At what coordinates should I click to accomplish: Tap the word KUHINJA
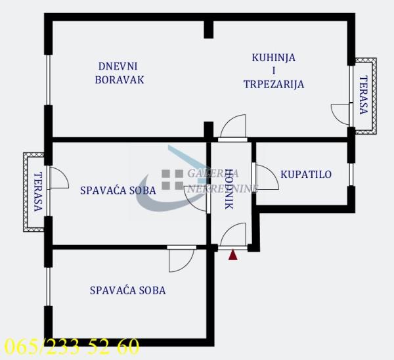[273, 57]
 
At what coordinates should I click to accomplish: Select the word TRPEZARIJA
[273, 84]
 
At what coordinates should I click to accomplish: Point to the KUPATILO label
[305, 174]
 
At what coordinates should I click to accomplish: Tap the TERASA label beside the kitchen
[363, 96]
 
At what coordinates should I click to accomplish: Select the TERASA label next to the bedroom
[37, 191]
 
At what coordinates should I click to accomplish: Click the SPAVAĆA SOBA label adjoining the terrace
[118, 191]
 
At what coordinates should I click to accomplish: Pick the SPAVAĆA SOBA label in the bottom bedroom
[128, 290]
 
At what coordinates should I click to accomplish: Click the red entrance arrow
[232, 255]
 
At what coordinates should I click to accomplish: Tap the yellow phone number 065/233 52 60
[71, 346]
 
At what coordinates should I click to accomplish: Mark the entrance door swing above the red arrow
[233, 236]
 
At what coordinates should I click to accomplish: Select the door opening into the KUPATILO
[264, 177]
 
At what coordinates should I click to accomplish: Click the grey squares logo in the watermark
[173, 179]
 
